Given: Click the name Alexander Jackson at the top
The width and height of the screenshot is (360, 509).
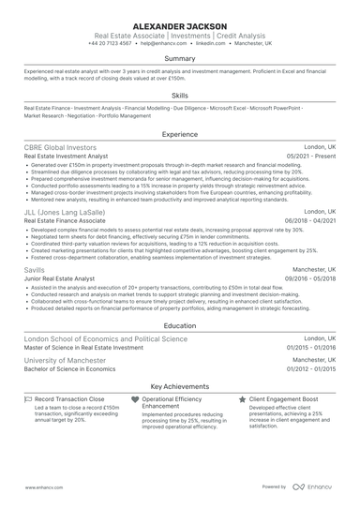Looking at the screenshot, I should (179, 24).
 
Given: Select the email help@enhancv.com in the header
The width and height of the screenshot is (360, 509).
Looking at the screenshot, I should (161, 43).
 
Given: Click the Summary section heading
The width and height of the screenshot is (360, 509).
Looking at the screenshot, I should (179, 59).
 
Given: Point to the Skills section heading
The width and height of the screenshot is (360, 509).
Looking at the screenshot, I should (179, 95).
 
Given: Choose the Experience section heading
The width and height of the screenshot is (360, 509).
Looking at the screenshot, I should (179, 135).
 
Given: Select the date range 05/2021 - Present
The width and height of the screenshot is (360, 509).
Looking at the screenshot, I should (312, 157).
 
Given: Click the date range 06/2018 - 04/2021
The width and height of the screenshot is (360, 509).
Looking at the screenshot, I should (310, 220).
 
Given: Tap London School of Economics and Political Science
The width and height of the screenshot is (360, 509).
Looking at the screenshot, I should (105, 338).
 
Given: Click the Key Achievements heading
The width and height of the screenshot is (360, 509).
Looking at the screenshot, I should (179, 384).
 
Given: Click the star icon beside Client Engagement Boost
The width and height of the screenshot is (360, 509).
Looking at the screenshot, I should (243, 398).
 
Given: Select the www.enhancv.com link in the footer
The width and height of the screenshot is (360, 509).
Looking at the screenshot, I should (42, 487).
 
